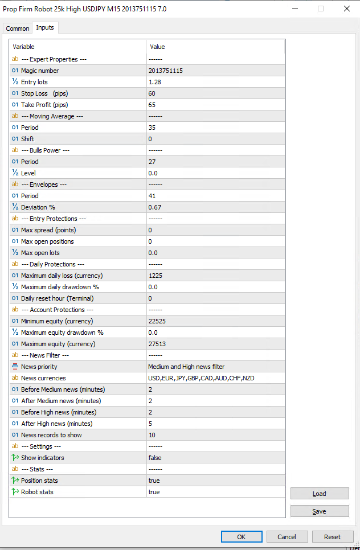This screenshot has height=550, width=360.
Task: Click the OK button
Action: [x=242, y=536]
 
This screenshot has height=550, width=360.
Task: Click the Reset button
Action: [x=332, y=536]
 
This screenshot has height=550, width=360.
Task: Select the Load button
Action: [x=319, y=494]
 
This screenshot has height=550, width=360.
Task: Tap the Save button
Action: [x=319, y=511]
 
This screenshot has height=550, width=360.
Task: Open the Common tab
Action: [x=18, y=28]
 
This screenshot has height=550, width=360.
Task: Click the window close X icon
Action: [x=346, y=9]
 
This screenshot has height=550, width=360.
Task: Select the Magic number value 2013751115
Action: [x=165, y=71]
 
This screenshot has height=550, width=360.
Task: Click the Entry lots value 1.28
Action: [x=155, y=82]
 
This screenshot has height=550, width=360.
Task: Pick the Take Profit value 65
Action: [x=152, y=105]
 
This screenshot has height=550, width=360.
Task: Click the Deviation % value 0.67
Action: [x=155, y=207]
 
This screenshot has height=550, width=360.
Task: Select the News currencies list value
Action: [x=201, y=378]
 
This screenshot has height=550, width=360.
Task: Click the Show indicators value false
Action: [x=155, y=458]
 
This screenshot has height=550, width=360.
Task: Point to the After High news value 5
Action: [x=150, y=424]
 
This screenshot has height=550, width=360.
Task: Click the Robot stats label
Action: [x=37, y=492]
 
